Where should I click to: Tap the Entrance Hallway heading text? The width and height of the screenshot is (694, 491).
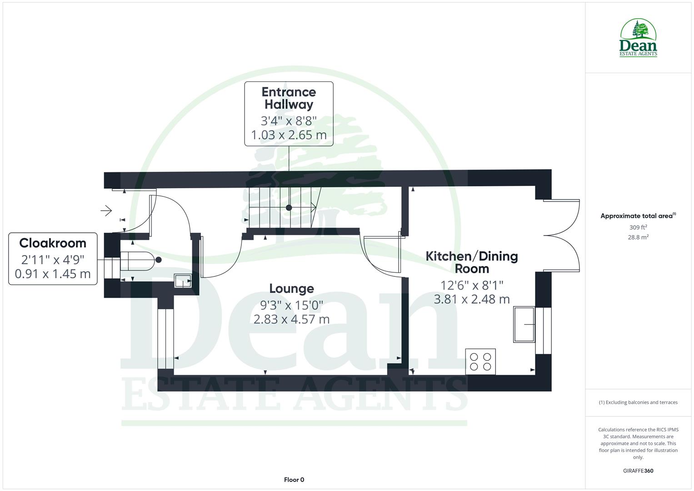click(289, 98)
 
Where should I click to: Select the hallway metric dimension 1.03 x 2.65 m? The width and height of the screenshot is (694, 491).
click(289, 135)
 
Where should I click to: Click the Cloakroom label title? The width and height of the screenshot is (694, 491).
click(53, 243)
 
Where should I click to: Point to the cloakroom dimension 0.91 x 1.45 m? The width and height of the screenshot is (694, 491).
click(53, 274)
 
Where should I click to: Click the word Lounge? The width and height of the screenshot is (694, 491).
click(291, 289)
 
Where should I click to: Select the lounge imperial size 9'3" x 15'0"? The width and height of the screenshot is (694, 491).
click(291, 304)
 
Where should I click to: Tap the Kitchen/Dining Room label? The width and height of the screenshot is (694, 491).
click(472, 262)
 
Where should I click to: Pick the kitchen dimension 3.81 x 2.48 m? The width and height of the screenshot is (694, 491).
click(472, 299)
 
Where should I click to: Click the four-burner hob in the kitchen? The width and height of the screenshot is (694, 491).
click(480, 361)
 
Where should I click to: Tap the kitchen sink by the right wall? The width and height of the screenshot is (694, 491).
click(524, 324)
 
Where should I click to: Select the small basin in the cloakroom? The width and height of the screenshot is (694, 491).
click(183, 281)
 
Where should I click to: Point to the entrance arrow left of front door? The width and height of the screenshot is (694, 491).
click(106, 210)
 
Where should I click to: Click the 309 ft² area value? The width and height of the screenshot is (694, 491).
click(638, 227)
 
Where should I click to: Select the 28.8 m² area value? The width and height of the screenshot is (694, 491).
click(638, 237)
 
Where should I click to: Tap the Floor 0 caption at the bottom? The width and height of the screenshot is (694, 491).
click(294, 480)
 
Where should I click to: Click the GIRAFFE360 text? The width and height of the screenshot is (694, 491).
click(638, 471)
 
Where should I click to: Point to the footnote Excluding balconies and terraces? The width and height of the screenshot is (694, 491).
click(638, 402)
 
